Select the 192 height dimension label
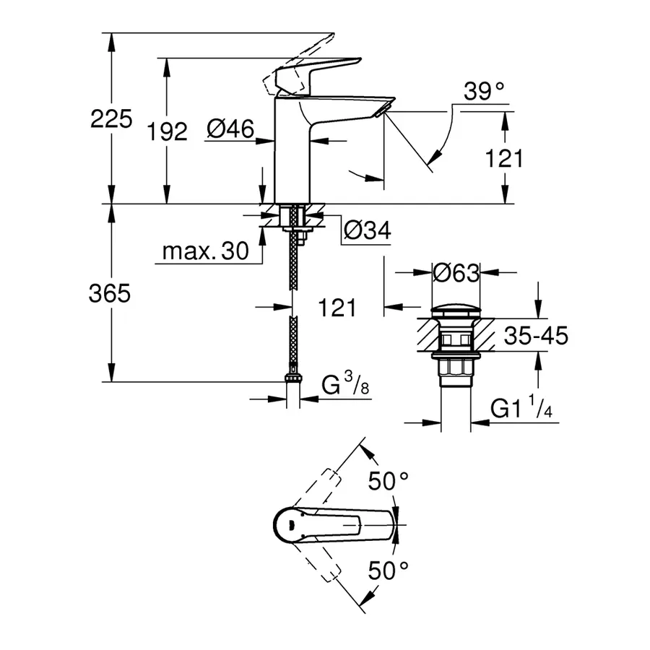pyautogui.click(x=167, y=131)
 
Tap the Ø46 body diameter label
pyautogui.click(x=230, y=129)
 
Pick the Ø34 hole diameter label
pyautogui.click(x=367, y=231)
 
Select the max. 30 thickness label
pyautogui.click(x=204, y=251)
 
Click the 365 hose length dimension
pyautogui.click(x=110, y=294)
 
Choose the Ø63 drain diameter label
pyautogui.click(x=455, y=273)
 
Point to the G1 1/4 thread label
pyautogui.click(x=520, y=409)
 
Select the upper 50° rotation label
pyautogui.click(x=389, y=480)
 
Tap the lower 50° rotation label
pyautogui.click(x=389, y=571)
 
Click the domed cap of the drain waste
pyautogui.click(x=455, y=312)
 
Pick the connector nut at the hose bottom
pyautogui.click(x=292, y=377)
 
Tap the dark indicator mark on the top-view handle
pyautogui.click(x=287, y=524)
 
